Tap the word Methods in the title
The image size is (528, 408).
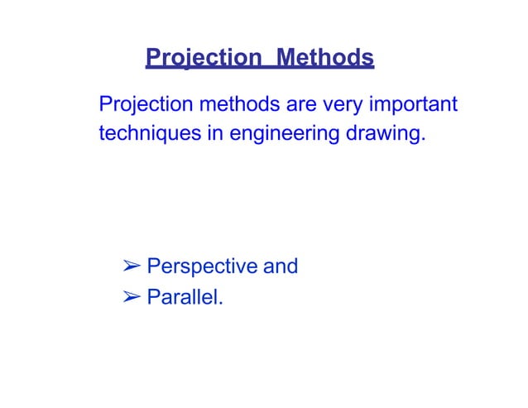coord(325,59)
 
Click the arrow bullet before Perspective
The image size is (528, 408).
coord(131,266)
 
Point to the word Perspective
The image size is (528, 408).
coord(201,267)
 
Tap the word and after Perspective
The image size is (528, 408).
coord(280,266)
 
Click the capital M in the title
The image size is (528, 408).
coord(286,59)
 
